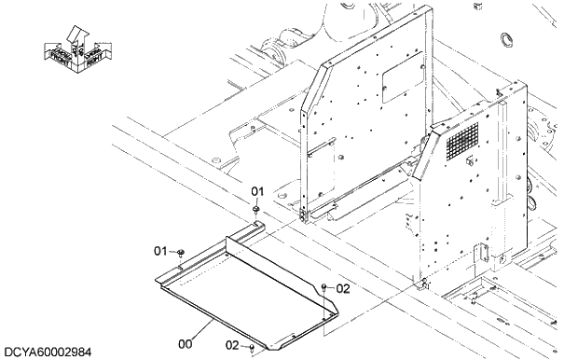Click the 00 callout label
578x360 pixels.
186,343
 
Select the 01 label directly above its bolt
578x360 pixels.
257,191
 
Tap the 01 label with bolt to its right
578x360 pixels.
160,252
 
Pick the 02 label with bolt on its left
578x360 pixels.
342,289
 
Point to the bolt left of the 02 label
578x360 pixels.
323,288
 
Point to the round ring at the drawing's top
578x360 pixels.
508,38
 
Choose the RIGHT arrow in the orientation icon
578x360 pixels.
92,55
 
